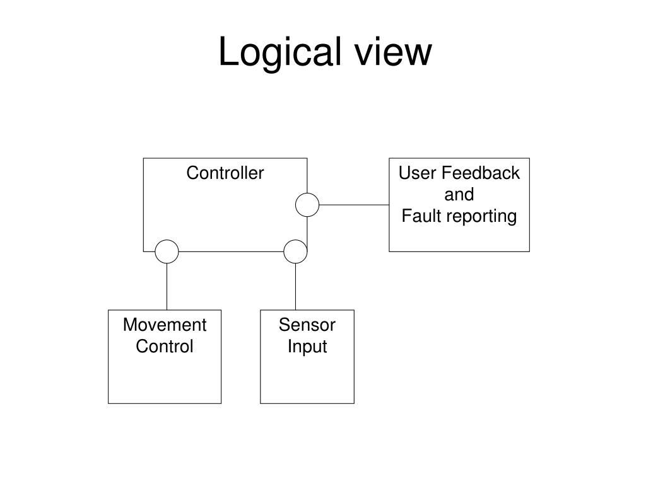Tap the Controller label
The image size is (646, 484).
[225, 173]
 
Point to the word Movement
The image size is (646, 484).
[165, 325]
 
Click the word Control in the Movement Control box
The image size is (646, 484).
[165, 346]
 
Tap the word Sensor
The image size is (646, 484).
[307, 325]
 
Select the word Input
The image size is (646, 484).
[307, 347]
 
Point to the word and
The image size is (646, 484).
[459, 194]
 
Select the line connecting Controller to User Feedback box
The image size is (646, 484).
[354, 205]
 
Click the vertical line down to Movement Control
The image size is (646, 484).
[167, 287]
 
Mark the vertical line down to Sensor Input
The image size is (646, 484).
[295, 287]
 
